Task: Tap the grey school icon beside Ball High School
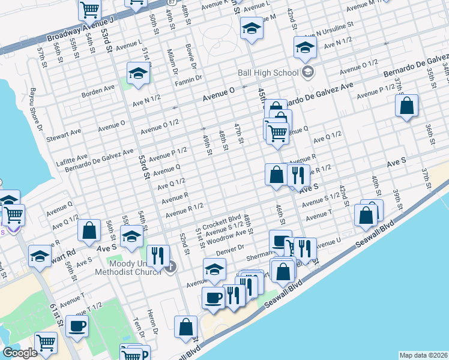[308, 73]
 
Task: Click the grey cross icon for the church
[170, 266]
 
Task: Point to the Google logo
[20, 353]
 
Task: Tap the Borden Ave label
[98, 88]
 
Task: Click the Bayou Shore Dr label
[35, 111]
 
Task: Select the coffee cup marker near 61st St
[77, 326]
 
